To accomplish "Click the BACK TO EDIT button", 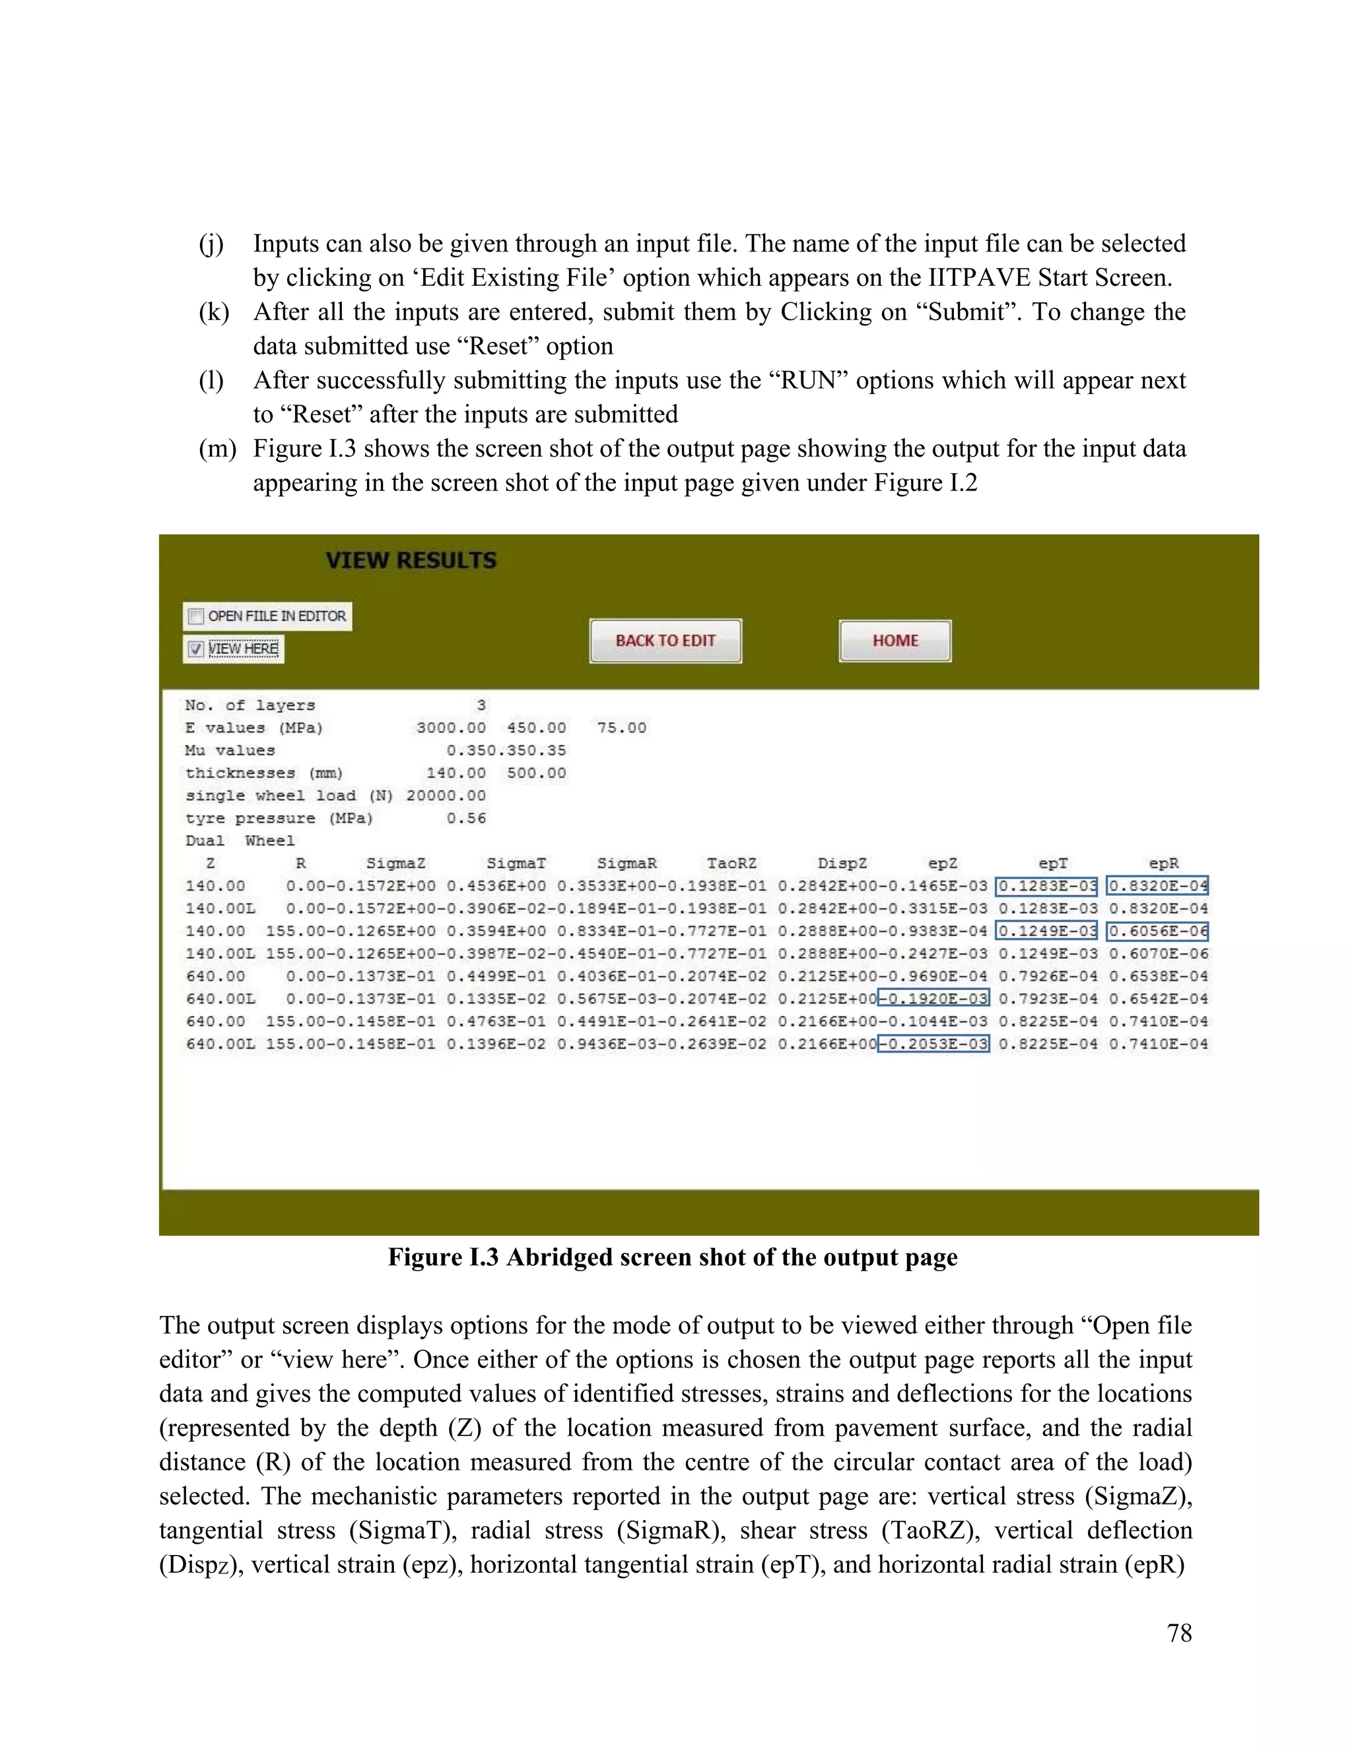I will pyautogui.click(x=665, y=641).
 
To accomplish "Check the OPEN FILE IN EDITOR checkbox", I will pyautogui.click(x=195, y=616).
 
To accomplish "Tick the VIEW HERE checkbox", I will pyautogui.click(x=195, y=649).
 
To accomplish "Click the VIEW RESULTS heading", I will pyautogui.click(x=411, y=560).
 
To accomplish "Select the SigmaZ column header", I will pyautogui.click(x=395, y=863).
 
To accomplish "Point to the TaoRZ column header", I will pyautogui.click(x=731, y=863).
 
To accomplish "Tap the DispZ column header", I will pyautogui.click(x=842, y=863).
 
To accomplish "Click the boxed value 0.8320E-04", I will pyautogui.click(x=1157, y=886).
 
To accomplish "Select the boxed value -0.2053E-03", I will pyautogui.click(x=934, y=1043).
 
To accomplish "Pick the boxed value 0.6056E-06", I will pyautogui.click(x=1157, y=931).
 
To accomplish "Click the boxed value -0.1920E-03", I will pyautogui.click(x=934, y=998).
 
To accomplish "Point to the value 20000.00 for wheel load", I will pyautogui.click(x=446, y=795).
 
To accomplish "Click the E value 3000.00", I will pyautogui.click(x=450, y=728).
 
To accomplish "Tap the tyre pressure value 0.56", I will pyautogui.click(x=466, y=818).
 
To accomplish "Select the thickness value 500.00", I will pyautogui.click(x=536, y=773).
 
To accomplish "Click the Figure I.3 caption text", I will pyautogui.click(x=673, y=1257).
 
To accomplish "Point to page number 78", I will pyautogui.click(x=1179, y=1633).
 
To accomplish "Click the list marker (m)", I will pyautogui.click(x=217, y=448).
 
